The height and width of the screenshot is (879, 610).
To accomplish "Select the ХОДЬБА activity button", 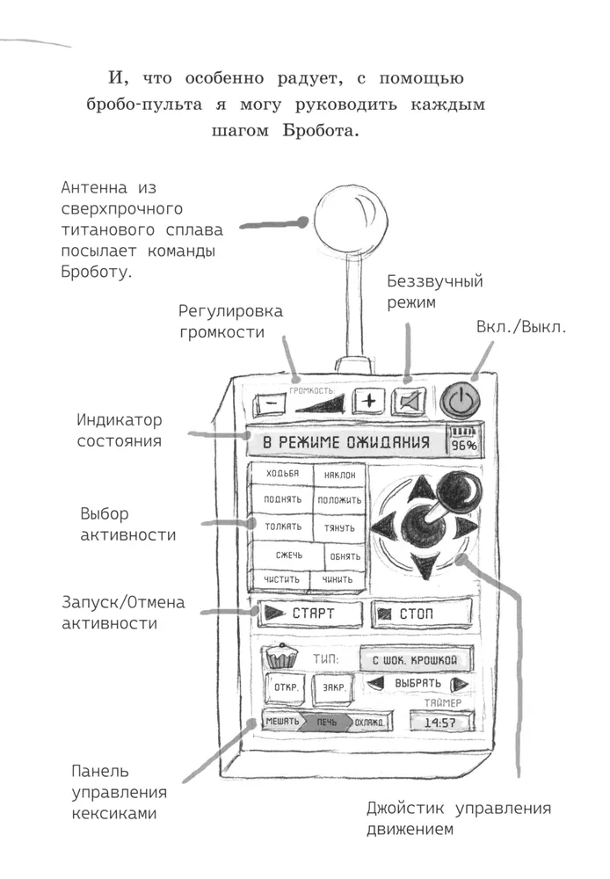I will point(282,475).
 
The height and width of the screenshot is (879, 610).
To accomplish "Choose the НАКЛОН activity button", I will point(339,476).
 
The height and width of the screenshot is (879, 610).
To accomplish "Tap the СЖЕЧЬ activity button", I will point(288,556).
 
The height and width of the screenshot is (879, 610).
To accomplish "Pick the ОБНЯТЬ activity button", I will point(344,556).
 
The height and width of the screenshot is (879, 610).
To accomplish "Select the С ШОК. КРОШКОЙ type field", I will point(415,658).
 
